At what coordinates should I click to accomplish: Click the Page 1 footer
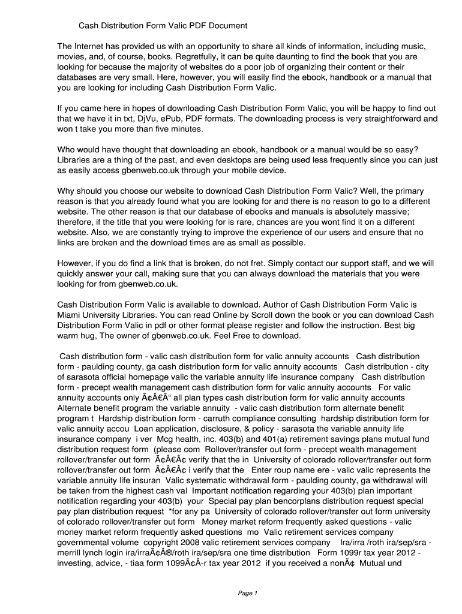pos(247,594)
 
